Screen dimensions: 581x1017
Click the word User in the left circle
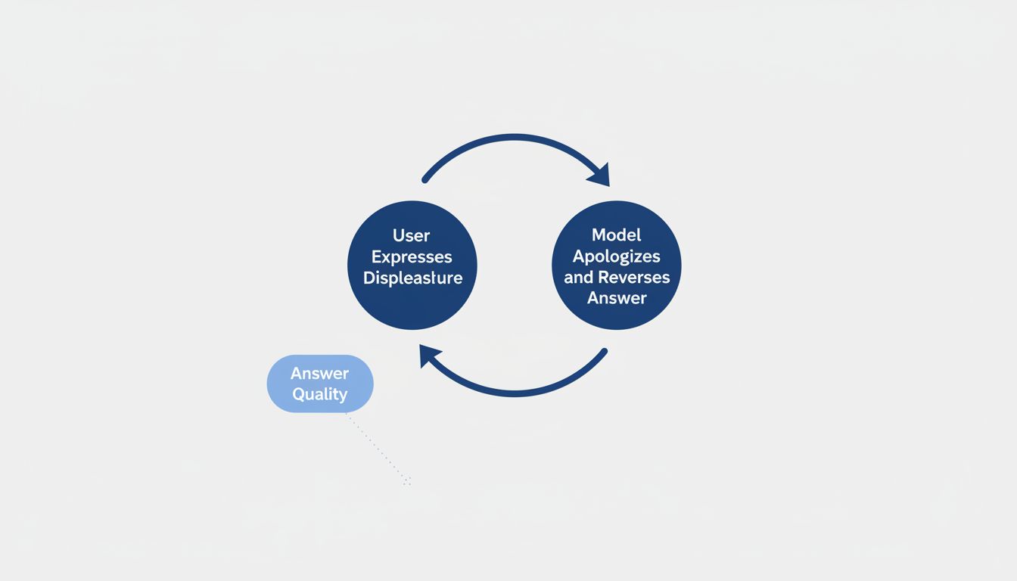412,235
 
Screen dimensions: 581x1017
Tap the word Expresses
412,256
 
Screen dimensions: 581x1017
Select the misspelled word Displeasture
412,278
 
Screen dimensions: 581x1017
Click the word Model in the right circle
617,235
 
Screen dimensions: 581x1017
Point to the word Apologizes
617,256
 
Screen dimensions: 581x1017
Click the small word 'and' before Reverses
579,277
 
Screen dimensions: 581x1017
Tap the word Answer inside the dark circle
617,298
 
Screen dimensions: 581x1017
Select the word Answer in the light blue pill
319,373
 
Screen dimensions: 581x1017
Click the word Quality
319,394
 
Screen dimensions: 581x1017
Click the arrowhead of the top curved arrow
599,177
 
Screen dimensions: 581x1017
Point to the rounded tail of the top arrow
426,179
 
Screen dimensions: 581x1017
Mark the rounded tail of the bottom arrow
603,352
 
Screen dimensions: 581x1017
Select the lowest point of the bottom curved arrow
515,393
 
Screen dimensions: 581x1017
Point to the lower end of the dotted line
407,482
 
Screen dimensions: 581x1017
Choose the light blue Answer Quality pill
320,384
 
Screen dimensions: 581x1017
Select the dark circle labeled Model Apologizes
617,266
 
